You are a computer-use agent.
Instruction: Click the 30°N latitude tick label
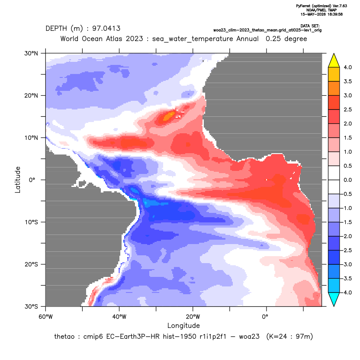(x=31, y=53)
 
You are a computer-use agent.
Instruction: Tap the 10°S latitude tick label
(x=31, y=222)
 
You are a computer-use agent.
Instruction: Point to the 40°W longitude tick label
(x=119, y=317)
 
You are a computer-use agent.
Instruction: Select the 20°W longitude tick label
(x=193, y=317)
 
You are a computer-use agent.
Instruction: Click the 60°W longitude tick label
(x=45, y=317)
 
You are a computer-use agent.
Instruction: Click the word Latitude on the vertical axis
(x=18, y=180)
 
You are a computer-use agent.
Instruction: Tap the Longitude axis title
(x=183, y=325)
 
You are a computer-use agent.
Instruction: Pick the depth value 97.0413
(x=106, y=29)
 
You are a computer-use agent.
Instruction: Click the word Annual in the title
(x=247, y=39)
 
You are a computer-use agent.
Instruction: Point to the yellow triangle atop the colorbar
(x=334, y=61)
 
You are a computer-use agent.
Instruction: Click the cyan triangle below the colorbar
(x=334, y=299)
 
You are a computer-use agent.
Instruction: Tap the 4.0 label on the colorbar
(x=347, y=67)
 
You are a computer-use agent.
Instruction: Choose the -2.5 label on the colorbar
(x=347, y=250)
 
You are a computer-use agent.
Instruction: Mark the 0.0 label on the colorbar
(x=347, y=180)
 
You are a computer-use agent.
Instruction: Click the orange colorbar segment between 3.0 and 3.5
(x=334, y=88)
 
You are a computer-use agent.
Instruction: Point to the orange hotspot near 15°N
(x=169, y=116)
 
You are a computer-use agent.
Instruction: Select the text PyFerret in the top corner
(x=303, y=6)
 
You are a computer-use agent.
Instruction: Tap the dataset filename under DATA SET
(x=267, y=30)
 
